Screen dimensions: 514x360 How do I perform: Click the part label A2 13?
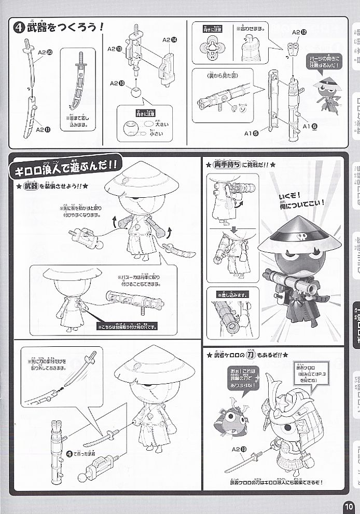click(x=115, y=49)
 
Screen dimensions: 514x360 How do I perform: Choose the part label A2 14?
click(x=170, y=39)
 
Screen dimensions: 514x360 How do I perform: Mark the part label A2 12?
click(x=299, y=32)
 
